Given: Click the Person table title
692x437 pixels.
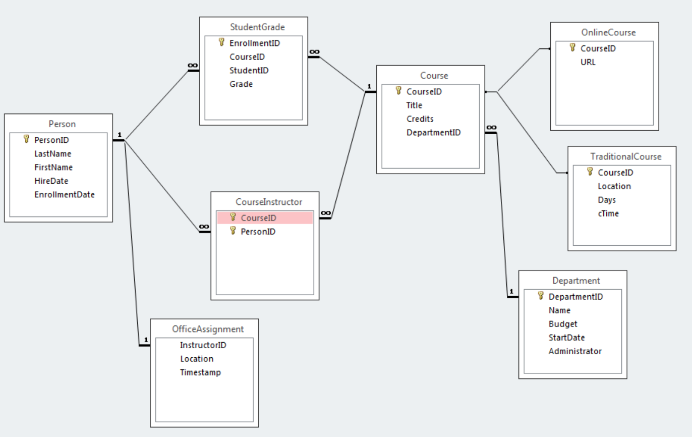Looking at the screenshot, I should [62, 124].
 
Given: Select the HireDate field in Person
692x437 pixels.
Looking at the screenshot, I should [51, 181].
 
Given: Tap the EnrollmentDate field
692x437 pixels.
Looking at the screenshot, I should [64, 194].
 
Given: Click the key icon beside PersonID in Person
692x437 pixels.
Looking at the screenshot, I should [27, 139].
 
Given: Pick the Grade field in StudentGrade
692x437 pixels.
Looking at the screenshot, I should [241, 84].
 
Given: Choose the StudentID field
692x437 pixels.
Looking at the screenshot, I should [249, 71].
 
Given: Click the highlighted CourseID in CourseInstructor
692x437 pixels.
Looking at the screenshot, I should [258, 218].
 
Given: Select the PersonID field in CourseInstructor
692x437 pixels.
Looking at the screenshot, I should [258, 232].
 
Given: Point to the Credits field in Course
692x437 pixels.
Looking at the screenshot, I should [420, 119].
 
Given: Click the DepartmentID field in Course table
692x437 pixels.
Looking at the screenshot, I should [433, 133].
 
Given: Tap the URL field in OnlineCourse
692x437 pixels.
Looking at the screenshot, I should [588, 62].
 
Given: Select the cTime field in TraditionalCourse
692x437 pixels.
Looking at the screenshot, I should [608, 213].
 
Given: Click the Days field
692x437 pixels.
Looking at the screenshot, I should [606, 200].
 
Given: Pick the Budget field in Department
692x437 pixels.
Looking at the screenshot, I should [563, 324].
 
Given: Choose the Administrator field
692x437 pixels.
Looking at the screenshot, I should [575, 351].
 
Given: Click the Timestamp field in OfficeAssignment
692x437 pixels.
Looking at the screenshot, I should [200, 372].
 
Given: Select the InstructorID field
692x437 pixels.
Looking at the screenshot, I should [203, 345].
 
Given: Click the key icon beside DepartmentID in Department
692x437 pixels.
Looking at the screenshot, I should [541, 296].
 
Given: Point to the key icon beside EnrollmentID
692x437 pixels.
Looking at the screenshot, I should [221, 42].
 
